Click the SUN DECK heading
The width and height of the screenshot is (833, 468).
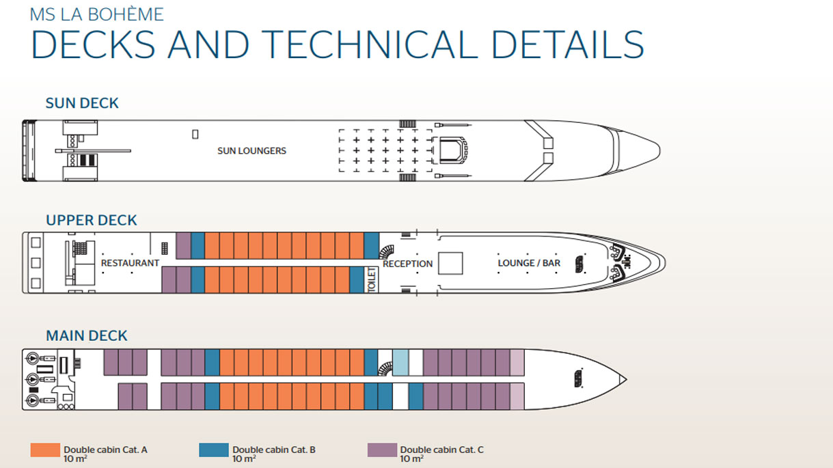coord(82,103)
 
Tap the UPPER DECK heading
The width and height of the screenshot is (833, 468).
coord(92,220)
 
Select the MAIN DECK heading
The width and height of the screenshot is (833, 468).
coord(87,335)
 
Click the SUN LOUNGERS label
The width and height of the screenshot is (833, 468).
coord(251,150)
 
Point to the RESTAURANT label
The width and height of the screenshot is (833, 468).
coord(130,263)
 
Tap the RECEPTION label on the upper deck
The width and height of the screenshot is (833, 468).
coord(407,264)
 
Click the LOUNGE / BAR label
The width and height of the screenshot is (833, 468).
coord(528,263)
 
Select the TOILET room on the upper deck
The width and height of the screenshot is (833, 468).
coord(372,279)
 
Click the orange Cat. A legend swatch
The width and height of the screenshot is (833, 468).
coord(45,450)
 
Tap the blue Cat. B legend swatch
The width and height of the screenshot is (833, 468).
coord(213,450)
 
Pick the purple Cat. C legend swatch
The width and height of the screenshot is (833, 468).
coord(381,450)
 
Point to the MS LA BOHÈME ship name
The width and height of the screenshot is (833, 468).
coord(96,14)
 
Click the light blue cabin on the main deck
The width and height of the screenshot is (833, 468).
coord(400,361)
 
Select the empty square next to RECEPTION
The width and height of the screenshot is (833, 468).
coord(450,264)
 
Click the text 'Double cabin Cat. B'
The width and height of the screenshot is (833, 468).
coord(273,450)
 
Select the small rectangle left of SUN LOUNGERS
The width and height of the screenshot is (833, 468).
coord(195,135)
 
